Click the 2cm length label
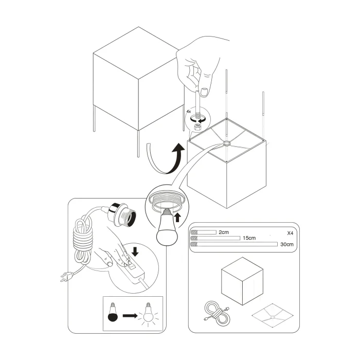[x=224, y=232]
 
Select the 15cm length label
[x=249, y=239]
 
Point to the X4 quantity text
[x=290, y=233]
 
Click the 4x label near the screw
[x=189, y=111]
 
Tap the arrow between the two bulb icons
[x=130, y=313]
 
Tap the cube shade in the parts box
[x=240, y=282]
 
